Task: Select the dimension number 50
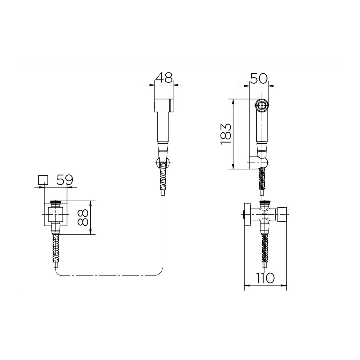coord(259,78)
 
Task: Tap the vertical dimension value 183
coord(225,134)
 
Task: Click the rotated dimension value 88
coord(83,217)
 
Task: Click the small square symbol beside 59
coord(43,180)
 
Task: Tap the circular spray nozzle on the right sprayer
coord(262,106)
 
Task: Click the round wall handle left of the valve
coord(247,214)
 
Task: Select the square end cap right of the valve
coord(282,214)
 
